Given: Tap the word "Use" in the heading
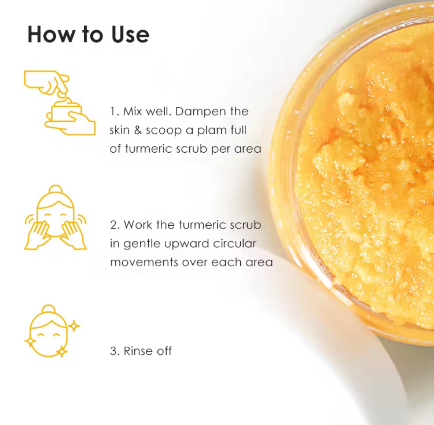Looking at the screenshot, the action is tap(131, 35).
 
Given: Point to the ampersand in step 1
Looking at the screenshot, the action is tap(138, 130).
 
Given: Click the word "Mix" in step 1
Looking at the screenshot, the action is tap(133, 111).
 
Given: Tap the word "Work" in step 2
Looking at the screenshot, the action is tap(138, 225).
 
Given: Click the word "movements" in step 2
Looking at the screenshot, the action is tap(144, 262).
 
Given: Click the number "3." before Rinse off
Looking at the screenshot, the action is tap(114, 351).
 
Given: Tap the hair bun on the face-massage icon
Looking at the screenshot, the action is tap(56, 190).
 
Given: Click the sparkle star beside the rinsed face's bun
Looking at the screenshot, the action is tap(74, 326).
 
